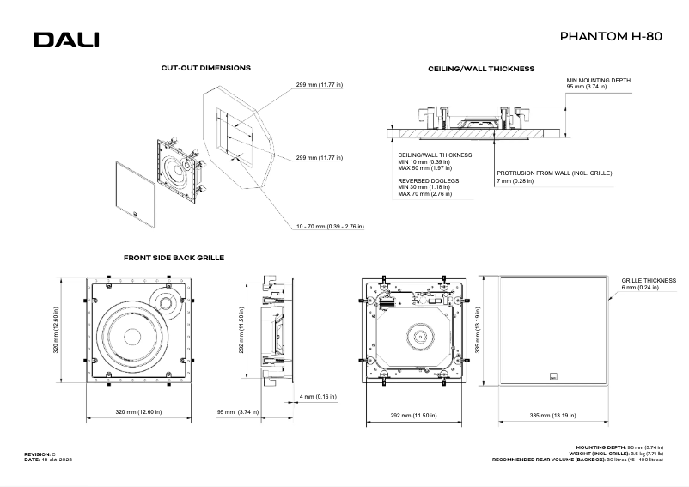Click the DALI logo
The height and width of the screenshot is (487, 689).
(x=66, y=40)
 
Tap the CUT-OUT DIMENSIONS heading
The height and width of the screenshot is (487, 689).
(x=206, y=67)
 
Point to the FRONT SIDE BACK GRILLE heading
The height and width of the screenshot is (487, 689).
(x=174, y=257)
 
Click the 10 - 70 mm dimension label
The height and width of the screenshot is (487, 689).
(x=330, y=227)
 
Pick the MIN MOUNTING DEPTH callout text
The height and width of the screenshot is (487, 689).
(x=598, y=83)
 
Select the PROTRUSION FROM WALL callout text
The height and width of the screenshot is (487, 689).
(x=554, y=173)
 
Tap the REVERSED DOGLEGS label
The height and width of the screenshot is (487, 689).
(x=429, y=181)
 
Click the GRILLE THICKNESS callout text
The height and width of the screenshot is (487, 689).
(x=649, y=280)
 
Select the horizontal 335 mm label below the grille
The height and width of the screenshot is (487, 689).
(x=552, y=415)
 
